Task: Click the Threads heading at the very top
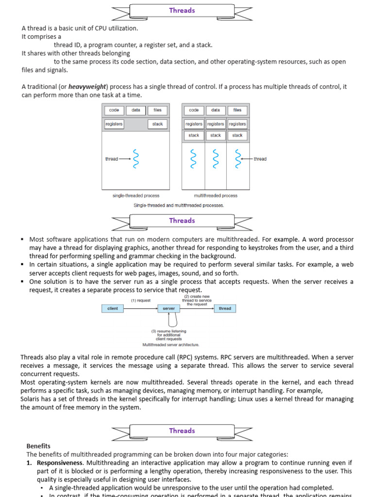(x=182, y=10)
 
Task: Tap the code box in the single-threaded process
(x=114, y=110)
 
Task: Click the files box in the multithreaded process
(x=237, y=110)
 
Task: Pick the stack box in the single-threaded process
(x=157, y=124)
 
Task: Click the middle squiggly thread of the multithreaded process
(x=216, y=159)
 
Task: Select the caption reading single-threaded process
(x=136, y=196)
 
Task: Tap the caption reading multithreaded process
(x=216, y=196)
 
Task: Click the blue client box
(x=113, y=309)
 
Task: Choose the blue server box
(x=169, y=309)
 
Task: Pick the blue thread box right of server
(x=225, y=309)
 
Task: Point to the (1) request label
(x=140, y=300)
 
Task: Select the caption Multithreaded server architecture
(x=170, y=345)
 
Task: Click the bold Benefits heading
(x=38, y=446)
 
